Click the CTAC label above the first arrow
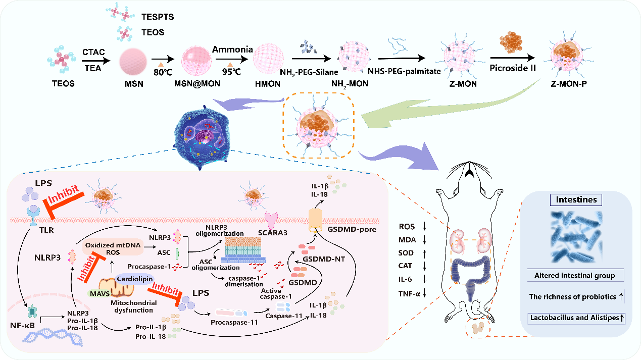coord(94,53)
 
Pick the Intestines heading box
coord(576,199)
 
